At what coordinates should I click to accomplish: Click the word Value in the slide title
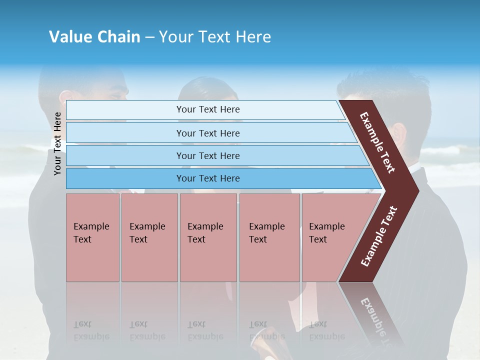(69, 37)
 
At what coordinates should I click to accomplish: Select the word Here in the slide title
(253, 37)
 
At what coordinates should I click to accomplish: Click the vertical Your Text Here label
(57, 143)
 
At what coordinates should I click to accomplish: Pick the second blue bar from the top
(208, 133)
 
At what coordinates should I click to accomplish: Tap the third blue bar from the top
(208, 155)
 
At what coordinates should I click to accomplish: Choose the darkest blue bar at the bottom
(208, 178)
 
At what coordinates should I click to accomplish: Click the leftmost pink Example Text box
(92, 237)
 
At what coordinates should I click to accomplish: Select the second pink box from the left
(149, 237)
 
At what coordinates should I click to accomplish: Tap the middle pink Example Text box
(208, 237)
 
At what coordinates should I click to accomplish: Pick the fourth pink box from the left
(269, 237)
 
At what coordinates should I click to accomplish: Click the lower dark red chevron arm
(379, 237)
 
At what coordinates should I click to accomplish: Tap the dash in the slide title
(149, 37)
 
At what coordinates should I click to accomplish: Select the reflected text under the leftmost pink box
(91, 331)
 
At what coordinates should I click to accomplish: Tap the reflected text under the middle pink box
(205, 331)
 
